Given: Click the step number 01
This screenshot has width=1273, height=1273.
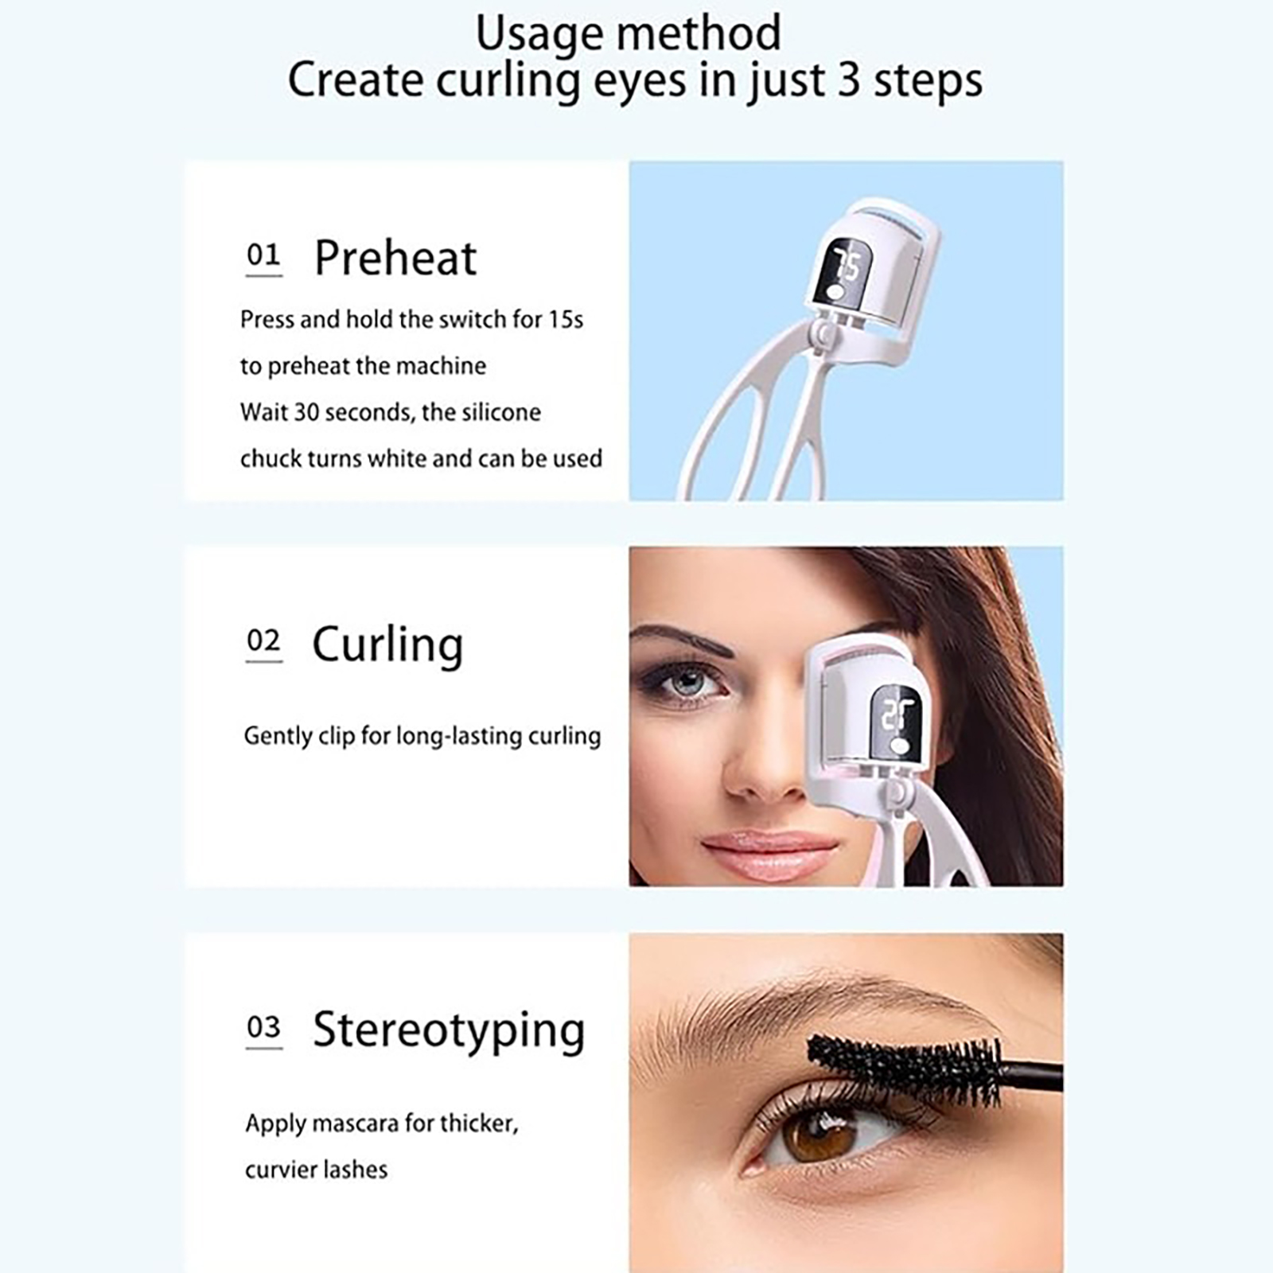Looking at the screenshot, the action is point(263,255).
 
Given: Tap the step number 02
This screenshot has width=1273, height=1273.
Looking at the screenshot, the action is point(263,640).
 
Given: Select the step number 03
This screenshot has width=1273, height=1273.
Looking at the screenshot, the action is point(263,1027).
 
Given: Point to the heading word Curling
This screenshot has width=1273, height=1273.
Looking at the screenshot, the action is point(387,646).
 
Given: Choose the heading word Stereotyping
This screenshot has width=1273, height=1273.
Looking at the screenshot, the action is point(449,1032).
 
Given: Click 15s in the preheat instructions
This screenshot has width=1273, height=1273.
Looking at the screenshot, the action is point(565,320).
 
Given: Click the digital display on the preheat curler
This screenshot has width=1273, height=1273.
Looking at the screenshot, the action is point(843,274).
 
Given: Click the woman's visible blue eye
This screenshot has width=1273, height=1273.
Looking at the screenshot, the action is point(687,682).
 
